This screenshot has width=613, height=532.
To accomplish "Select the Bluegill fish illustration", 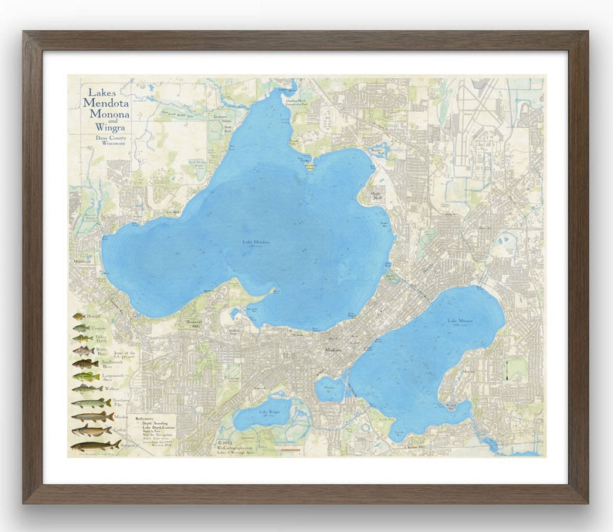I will pyautogui.click(x=81, y=316).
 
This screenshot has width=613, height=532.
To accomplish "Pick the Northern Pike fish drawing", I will pyautogui.click(x=91, y=403).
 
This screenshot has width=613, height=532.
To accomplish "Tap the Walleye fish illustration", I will pyautogui.click(x=86, y=388).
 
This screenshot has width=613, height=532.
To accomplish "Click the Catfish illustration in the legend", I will pyautogui.click(x=92, y=431).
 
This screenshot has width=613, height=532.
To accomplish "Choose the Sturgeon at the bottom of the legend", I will pyautogui.click(x=95, y=446).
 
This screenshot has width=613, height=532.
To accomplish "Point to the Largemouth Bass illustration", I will pyautogui.click(x=86, y=376).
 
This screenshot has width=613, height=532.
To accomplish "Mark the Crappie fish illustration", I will pyautogui.click(x=81, y=327).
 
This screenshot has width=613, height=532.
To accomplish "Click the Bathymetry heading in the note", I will pyautogui.click(x=146, y=417).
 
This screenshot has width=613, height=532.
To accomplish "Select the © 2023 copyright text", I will pyautogui.click(x=224, y=442).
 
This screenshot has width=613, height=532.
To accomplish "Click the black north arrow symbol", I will pyautogui.click(x=506, y=370).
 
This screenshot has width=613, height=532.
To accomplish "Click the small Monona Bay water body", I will pyautogui.click(x=330, y=388).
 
